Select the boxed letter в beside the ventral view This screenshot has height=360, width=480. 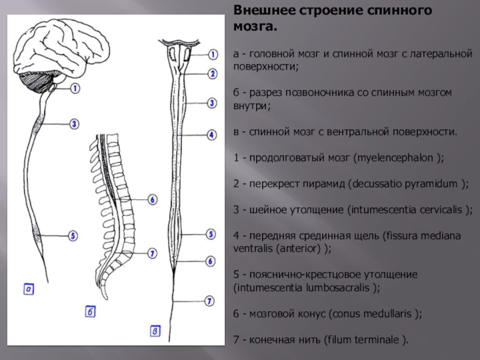pyautogui.click(x=155, y=329)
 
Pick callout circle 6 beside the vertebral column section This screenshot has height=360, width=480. pyautogui.click(x=152, y=199)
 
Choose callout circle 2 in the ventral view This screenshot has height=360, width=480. pyautogui.click(x=212, y=74)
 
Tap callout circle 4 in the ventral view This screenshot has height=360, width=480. pyautogui.click(x=212, y=136)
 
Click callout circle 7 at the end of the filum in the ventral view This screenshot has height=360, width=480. pyautogui.click(x=209, y=300)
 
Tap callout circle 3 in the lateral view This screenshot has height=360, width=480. pyautogui.click(x=73, y=124)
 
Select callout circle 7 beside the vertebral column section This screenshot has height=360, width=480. pyautogui.click(x=152, y=254)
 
